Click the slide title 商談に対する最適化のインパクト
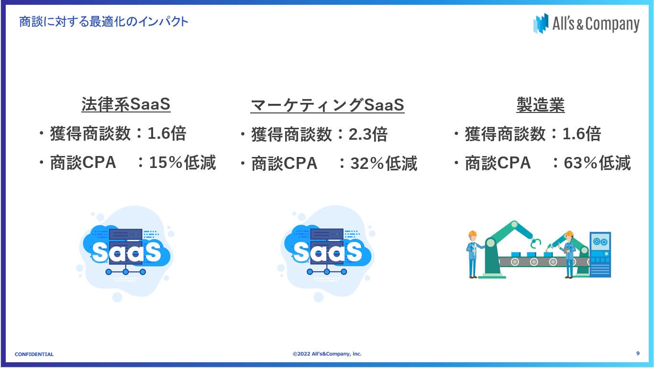pos(104,22)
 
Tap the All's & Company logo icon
pos(541,23)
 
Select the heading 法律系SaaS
pos(126,104)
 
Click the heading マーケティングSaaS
pos(327,105)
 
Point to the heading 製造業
pos(541,104)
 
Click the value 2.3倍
pos(368,134)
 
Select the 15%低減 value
pos(182,162)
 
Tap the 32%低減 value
pos(384,163)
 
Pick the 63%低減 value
pos(597,163)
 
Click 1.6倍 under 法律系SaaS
pos(166,134)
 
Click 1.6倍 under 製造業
pos(582,134)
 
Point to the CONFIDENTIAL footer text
pos(34,354)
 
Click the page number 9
pos(638,353)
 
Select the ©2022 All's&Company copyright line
pos(327,354)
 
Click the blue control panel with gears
pos(600,255)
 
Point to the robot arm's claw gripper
pos(536,243)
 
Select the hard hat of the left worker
pos(472,234)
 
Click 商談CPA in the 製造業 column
pos(498,163)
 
